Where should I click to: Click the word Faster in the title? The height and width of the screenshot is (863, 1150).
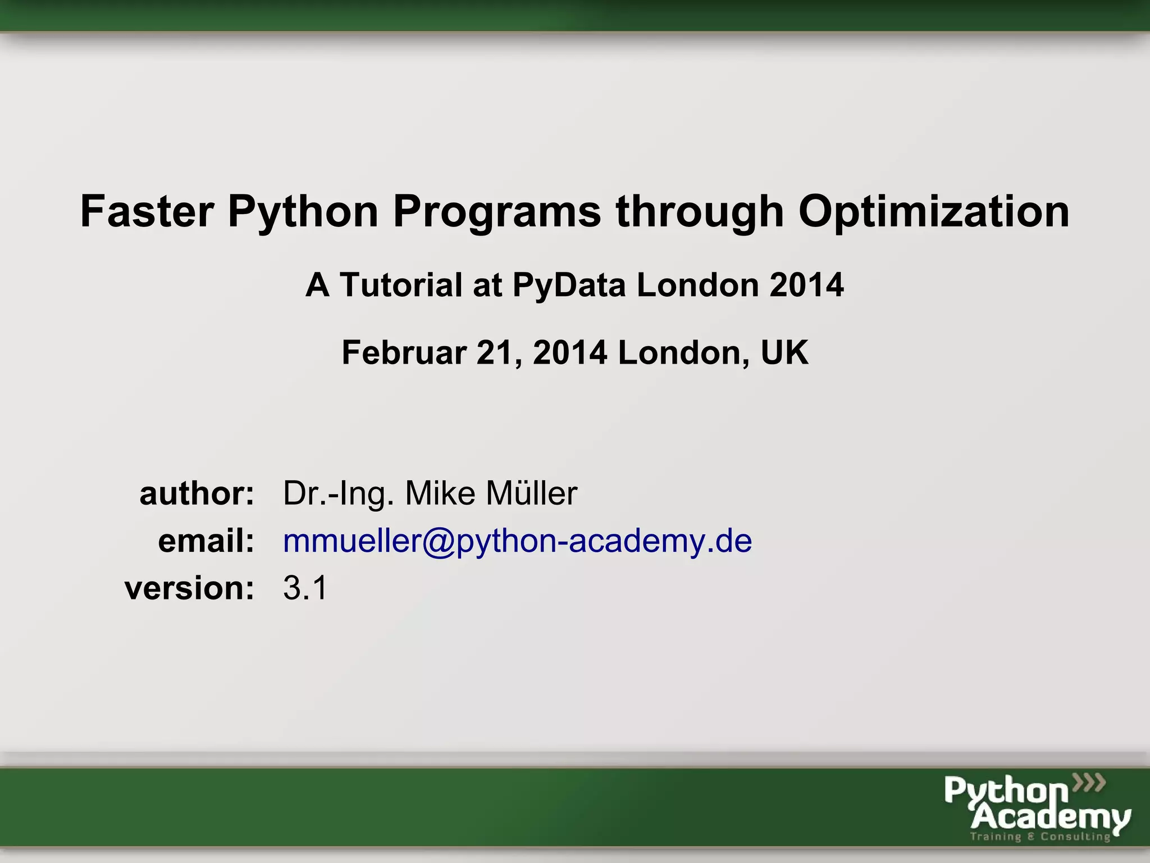coord(147,212)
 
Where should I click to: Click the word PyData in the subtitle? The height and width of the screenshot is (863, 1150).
coord(569,286)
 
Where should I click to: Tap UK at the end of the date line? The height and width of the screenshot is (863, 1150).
coord(784,353)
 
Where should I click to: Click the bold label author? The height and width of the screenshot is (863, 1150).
coord(197,493)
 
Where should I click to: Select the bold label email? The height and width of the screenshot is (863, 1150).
coord(206,541)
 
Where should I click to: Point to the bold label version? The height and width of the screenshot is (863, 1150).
coord(190,588)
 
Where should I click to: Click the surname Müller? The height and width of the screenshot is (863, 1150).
coord(532,493)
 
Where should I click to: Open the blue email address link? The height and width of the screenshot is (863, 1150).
coord(517,542)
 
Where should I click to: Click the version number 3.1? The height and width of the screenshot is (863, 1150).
coord(305,588)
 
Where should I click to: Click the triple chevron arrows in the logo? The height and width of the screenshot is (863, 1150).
coord(1089,782)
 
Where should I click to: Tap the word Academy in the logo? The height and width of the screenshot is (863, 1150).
coord(1050,817)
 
